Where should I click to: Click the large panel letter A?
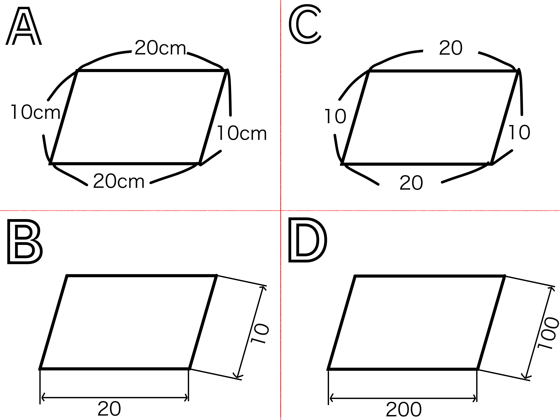(24, 26)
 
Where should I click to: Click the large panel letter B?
(25, 242)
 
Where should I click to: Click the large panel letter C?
(305, 24)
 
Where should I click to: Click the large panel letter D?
(308, 240)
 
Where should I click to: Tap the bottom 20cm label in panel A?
(119, 181)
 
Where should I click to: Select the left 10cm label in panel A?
(36, 112)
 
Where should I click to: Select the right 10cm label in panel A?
(242, 133)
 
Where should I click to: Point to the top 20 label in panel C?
(451, 48)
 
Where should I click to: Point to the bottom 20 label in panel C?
(411, 183)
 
